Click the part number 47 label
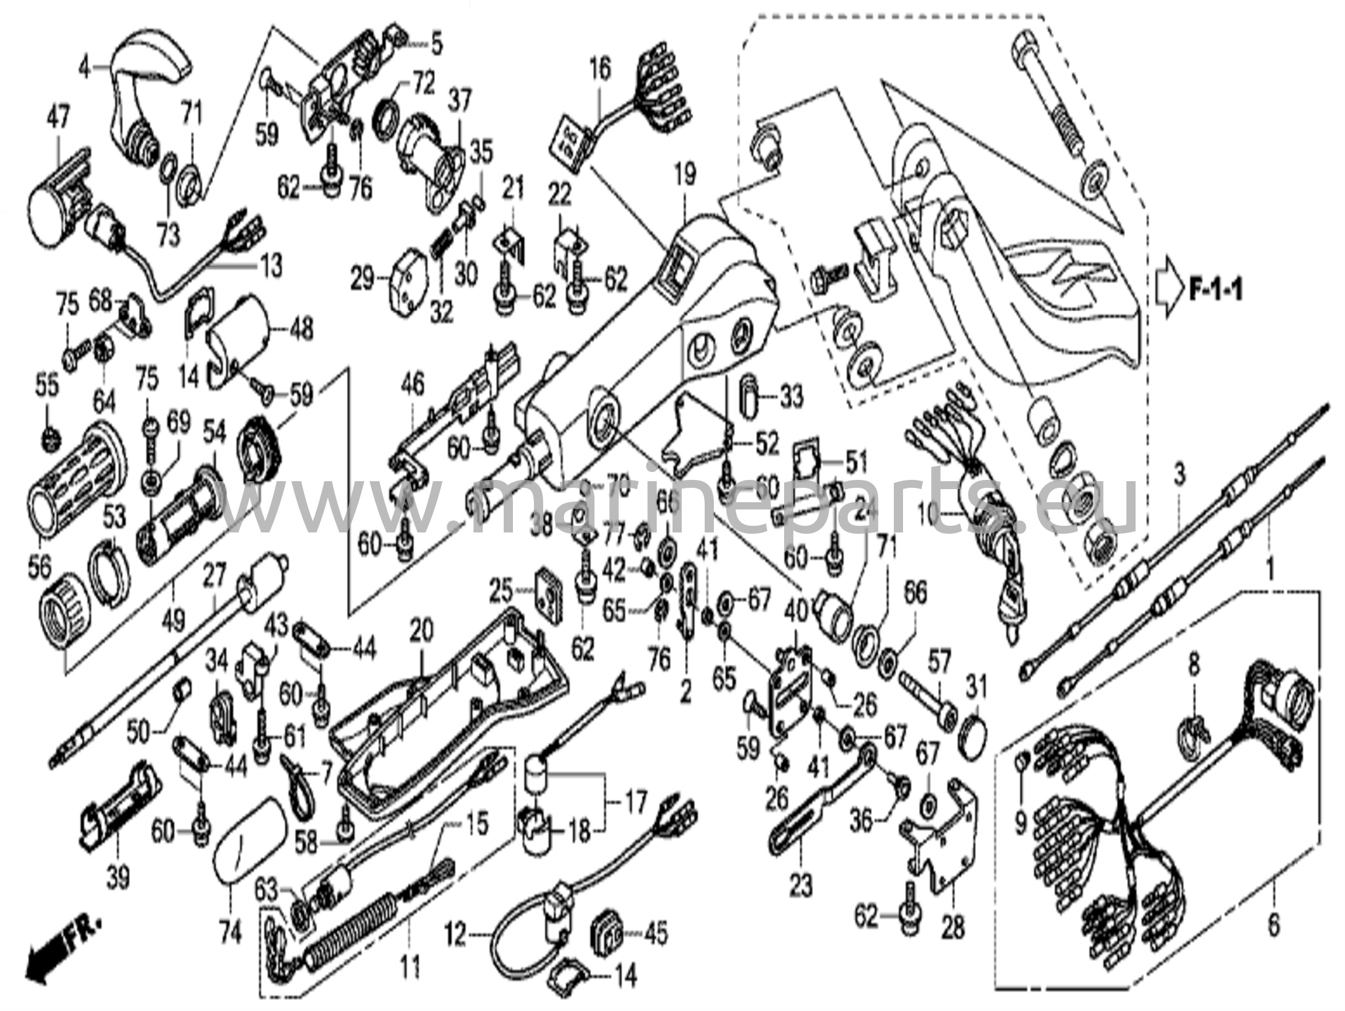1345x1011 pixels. [57, 119]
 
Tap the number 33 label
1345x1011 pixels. [791, 397]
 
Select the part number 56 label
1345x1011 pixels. [39, 567]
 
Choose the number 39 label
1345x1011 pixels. [118, 877]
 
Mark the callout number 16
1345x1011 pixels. [600, 68]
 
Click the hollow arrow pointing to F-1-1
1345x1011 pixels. [1169, 290]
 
